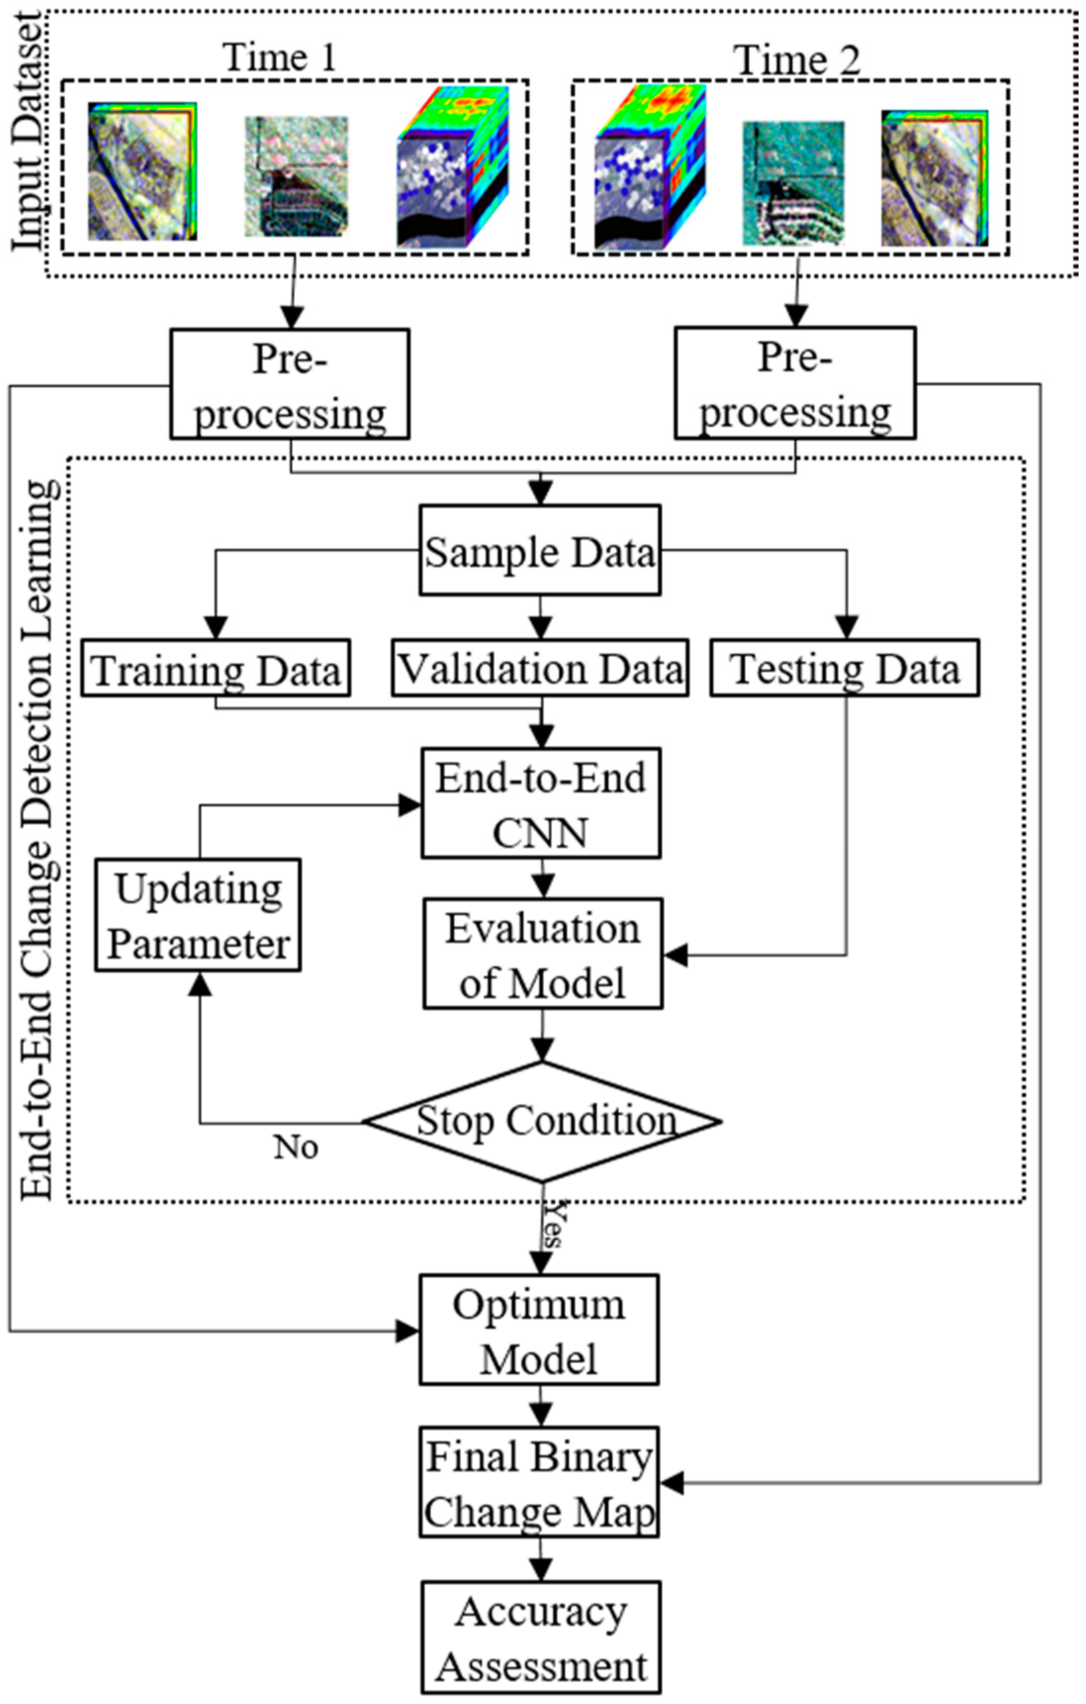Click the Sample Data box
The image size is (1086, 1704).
point(540,550)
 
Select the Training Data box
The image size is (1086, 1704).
point(215,669)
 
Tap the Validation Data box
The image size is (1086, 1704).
point(540,669)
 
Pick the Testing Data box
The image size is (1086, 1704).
point(845,669)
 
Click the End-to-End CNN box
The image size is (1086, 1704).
point(541,803)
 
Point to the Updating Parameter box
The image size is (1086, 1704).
point(198,915)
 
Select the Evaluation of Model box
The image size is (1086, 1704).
point(543,954)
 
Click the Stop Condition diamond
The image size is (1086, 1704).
point(543,1121)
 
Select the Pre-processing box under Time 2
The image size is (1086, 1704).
point(795,383)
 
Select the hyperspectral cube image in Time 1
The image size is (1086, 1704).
point(453,167)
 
